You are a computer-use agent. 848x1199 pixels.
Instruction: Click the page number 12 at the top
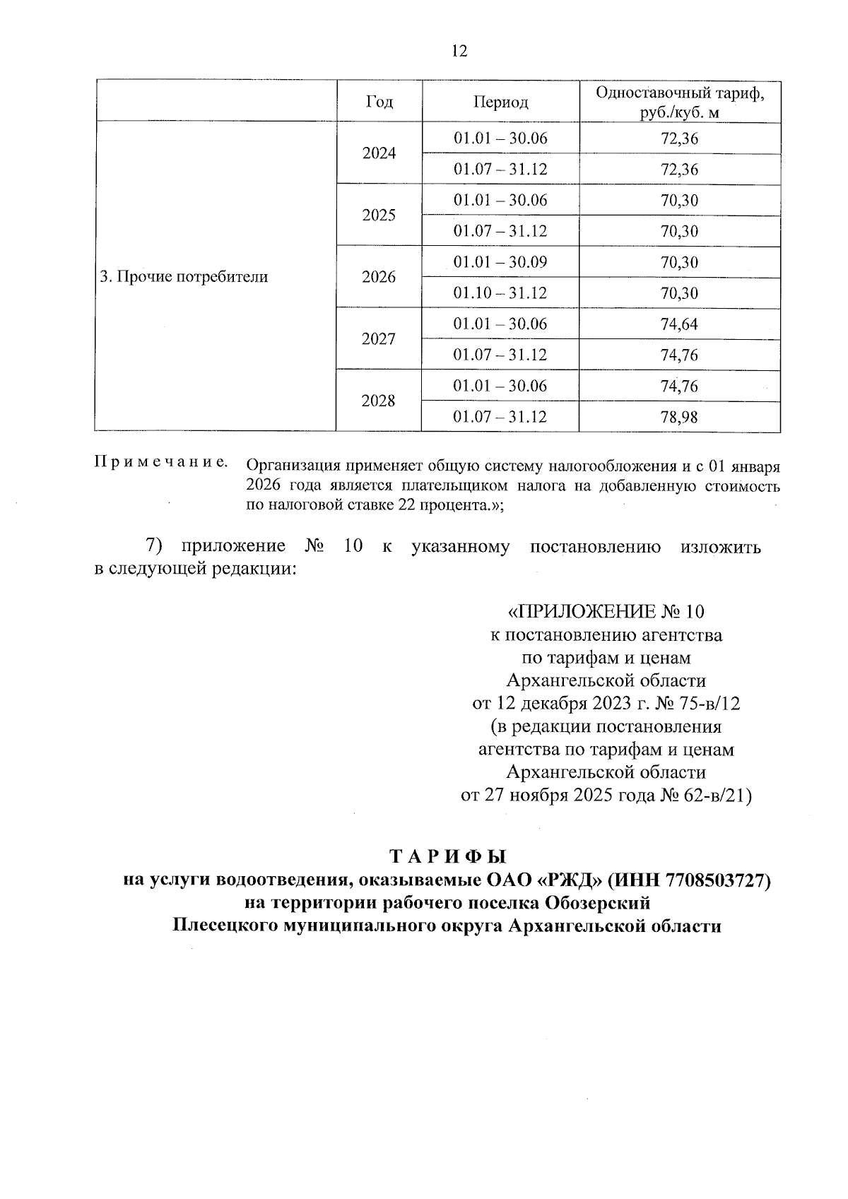[459, 52]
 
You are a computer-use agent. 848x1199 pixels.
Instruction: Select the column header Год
[379, 102]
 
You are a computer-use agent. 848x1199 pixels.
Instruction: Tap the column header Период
[500, 102]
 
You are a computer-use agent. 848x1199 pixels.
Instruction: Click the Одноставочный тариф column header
[679, 102]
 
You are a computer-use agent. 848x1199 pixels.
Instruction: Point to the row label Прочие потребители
[184, 277]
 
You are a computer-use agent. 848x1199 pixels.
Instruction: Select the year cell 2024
[379, 154]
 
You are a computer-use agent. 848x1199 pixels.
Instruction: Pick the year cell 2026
[379, 277]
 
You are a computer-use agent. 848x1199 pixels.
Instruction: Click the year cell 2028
[379, 401]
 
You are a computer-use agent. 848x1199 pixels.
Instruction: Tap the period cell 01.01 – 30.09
[500, 262]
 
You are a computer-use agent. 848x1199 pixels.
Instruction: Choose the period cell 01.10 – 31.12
[500, 293]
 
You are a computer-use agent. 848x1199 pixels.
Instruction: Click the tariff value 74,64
[679, 324]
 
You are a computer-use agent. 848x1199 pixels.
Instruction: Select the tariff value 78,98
[679, 418]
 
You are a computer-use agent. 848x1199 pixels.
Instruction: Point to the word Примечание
[161, 463]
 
